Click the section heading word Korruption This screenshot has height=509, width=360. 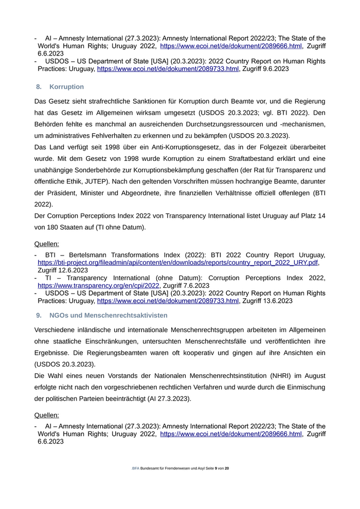(x=67, y=87)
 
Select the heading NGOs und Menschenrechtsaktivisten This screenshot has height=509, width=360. (x=108, y=315)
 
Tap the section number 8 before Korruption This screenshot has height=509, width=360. (x=39, y=87)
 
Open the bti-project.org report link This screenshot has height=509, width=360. (x=178, y=262)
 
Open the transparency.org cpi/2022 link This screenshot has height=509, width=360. (x=98, y=285)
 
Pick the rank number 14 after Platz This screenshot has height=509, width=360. (x=321, y=215)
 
